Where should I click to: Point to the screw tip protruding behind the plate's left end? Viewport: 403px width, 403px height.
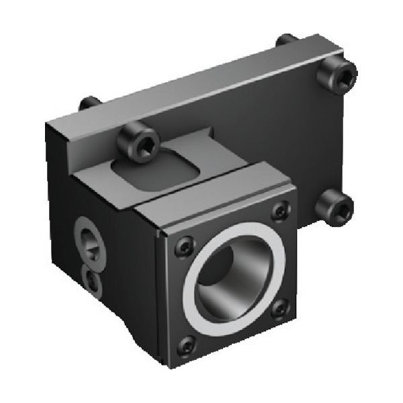[89, 104]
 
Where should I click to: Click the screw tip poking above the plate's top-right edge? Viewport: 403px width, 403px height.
[287, 40]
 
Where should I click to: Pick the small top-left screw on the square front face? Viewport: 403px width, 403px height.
[184, 247]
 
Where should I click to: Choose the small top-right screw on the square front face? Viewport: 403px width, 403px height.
[280, 213]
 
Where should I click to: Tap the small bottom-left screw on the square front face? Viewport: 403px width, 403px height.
[186, 345]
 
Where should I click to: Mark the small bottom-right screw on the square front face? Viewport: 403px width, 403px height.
[280, 308]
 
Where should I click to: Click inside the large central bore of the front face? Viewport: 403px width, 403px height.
[232, 275]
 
